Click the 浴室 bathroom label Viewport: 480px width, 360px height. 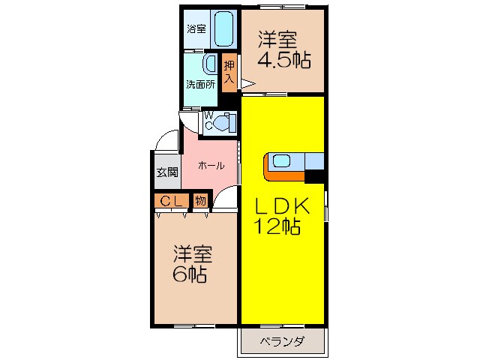[x=196, y=29]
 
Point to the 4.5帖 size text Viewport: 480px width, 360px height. [x=284, y=59]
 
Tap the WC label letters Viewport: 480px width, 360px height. [x=209, y=122]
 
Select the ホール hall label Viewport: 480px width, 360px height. [x=211, y=166]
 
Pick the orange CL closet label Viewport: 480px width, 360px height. [x=172, y=200]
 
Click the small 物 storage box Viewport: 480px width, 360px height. [x=200, y=200]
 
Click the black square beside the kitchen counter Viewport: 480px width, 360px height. [x=314, y=177]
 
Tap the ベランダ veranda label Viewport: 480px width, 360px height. [x=282, y=342]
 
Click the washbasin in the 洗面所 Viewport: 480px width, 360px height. [x=210, y=64]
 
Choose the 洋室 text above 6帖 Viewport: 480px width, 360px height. [x=193, y=253]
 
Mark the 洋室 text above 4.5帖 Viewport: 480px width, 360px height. [x=278, y=38]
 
